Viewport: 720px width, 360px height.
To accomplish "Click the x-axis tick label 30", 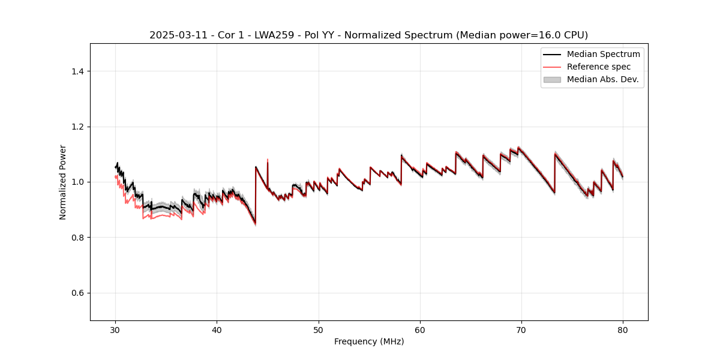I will [115, 329].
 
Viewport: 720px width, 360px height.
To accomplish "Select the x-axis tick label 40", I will [217, 329].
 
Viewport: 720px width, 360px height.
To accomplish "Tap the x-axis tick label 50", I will [319, 329].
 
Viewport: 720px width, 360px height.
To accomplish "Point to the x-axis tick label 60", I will [420, 329].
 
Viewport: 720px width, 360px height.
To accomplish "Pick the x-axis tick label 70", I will [521, 329].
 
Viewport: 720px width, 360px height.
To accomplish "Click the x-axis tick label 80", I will [623, 329].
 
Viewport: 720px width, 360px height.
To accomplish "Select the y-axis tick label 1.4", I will [77, 71].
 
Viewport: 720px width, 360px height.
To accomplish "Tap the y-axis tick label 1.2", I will [77, 127].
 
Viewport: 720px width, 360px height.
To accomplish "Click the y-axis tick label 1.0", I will [77, 182].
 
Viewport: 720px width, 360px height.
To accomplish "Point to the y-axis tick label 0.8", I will [77, 238].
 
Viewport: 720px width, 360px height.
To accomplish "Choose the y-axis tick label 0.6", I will [77, 293].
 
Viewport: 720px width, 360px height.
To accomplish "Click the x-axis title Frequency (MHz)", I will [369, 341].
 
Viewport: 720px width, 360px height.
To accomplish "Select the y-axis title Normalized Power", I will [63, 182].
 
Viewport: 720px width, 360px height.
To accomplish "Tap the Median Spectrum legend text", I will [603, 54].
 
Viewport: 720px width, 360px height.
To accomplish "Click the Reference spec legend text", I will [599, 67].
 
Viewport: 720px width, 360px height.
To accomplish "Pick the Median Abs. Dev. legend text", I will [602, 79].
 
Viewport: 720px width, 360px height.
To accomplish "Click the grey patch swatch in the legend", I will [552, 79].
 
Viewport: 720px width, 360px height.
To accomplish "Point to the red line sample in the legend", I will [552, 67].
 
